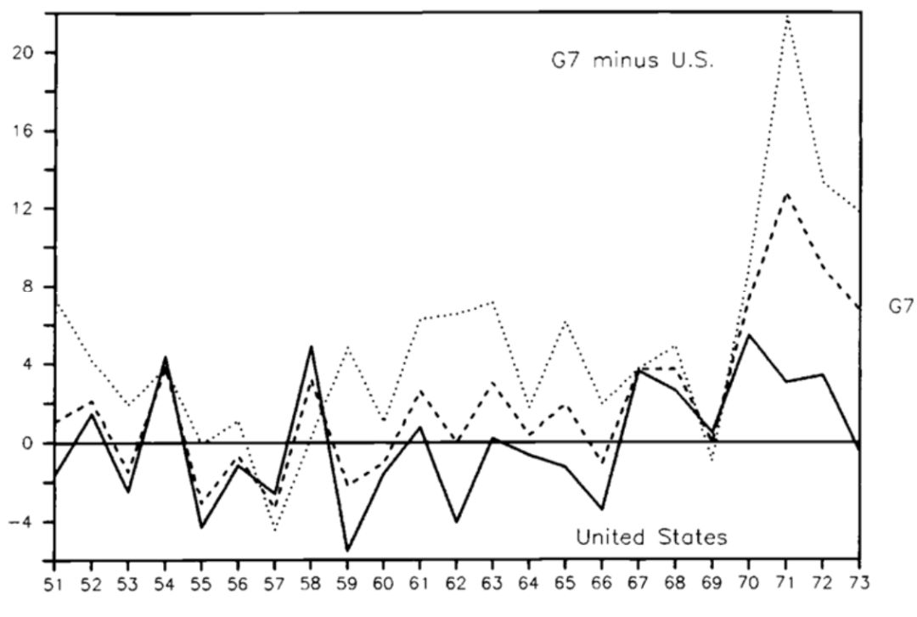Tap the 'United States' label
tap(651, 537)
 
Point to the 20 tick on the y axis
tap(30, 53)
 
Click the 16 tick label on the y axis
tap(30, 131)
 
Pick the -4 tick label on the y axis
tap(25, 522)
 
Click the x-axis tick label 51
tap(53, 585)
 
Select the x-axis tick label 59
tap(346, 585)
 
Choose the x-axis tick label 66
tap(603, 585)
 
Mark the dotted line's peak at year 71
tap(788, 16)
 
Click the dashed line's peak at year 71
tap(788, 194)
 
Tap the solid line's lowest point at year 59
tap(346, 550)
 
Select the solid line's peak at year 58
tap(311, 346)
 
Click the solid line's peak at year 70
tap(749, 334)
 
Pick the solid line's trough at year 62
tap(457, 522)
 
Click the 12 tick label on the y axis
tap(30, 209)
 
